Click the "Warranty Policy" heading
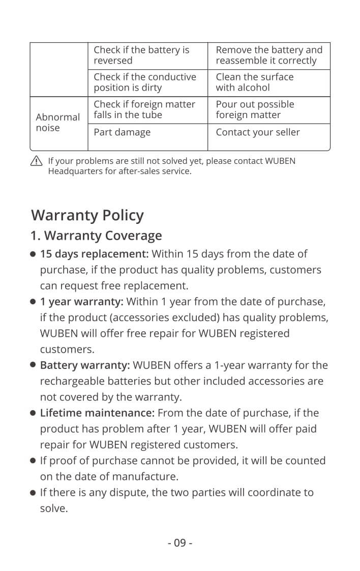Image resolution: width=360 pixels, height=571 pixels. [x=87, y=215]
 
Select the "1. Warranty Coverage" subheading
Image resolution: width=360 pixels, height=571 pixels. [x=96, y=236]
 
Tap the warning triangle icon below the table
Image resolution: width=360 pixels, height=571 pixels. [x=36, y=161]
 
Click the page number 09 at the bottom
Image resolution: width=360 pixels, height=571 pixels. [x=180, y=543]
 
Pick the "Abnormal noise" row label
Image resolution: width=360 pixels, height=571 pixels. [x=57, y=123]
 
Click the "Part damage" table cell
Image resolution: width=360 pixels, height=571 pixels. [x=122, y=132]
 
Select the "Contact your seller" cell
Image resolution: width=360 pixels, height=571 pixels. [x=257, y=132]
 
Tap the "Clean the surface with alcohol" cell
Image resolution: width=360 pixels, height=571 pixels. [x=254, y=82]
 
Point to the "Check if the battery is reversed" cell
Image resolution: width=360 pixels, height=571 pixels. [x=141, y=55]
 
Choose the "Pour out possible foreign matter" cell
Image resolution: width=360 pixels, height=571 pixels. [x=255, y=109]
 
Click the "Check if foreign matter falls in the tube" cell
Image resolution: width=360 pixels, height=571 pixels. [x=144, y=109]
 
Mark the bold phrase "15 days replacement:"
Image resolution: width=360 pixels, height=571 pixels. [x=94, y=254]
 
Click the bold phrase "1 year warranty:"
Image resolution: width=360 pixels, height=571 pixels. [x=81, y=302]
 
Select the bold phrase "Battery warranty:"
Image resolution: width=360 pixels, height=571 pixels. [x=85, y=365]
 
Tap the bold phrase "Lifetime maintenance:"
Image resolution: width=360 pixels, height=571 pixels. [x=98, y=413]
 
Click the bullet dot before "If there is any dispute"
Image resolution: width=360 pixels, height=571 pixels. [x=33, y=493]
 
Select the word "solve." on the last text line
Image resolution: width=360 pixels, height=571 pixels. [x=53, y=508]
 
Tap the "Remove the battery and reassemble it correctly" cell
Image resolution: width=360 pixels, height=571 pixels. [x=268, y=55]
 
